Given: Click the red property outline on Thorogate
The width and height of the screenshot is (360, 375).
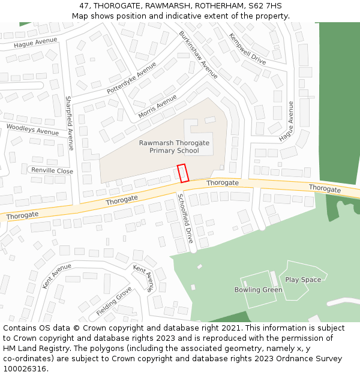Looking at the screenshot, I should click(183, 173).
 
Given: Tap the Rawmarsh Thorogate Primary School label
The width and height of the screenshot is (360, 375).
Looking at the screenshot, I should click(174, 147).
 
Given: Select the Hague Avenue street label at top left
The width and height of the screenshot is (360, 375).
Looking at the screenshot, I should click(35, 42).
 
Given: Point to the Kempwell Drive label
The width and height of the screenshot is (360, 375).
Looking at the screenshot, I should click(247, 49).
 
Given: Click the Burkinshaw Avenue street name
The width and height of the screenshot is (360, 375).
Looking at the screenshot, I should click(198, 55).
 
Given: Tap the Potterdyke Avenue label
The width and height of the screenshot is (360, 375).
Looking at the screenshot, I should click(131, 78).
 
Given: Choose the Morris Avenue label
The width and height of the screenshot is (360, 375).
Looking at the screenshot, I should click(157, 107).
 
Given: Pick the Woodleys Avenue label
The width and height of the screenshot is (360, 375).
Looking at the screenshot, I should click(32, 130).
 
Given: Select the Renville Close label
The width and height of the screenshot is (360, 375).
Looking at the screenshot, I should click(52, 171).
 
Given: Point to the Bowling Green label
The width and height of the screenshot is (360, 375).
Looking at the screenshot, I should click(258, 290).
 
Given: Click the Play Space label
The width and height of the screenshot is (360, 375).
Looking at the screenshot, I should click(303, 280).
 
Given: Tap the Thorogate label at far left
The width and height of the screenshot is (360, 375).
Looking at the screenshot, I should click(22, 215).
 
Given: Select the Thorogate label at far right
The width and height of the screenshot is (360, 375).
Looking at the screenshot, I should click(325, 188).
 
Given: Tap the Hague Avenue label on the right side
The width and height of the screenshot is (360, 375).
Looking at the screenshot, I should click(287, 121).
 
